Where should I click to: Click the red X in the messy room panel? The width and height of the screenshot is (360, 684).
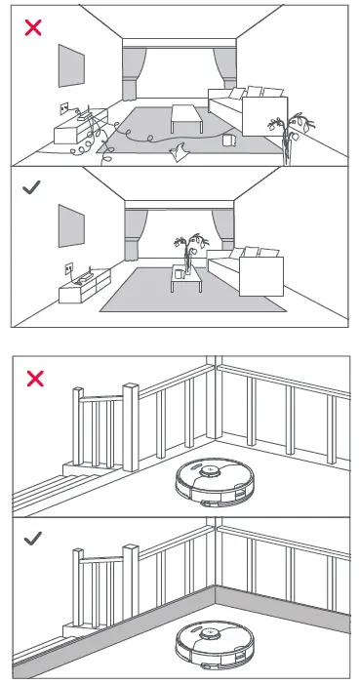(x=33, y=26)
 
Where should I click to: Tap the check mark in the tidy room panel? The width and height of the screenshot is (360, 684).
(x=33, y=186)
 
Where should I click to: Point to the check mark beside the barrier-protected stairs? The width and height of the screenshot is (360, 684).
(x=33, y=538)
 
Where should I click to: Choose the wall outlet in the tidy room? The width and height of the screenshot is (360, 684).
(x=69, y=265)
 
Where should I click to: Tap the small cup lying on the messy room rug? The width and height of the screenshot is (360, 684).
(x=229, y=141)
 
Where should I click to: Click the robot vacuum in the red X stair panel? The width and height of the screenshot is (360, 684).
(x=211, y=482)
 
